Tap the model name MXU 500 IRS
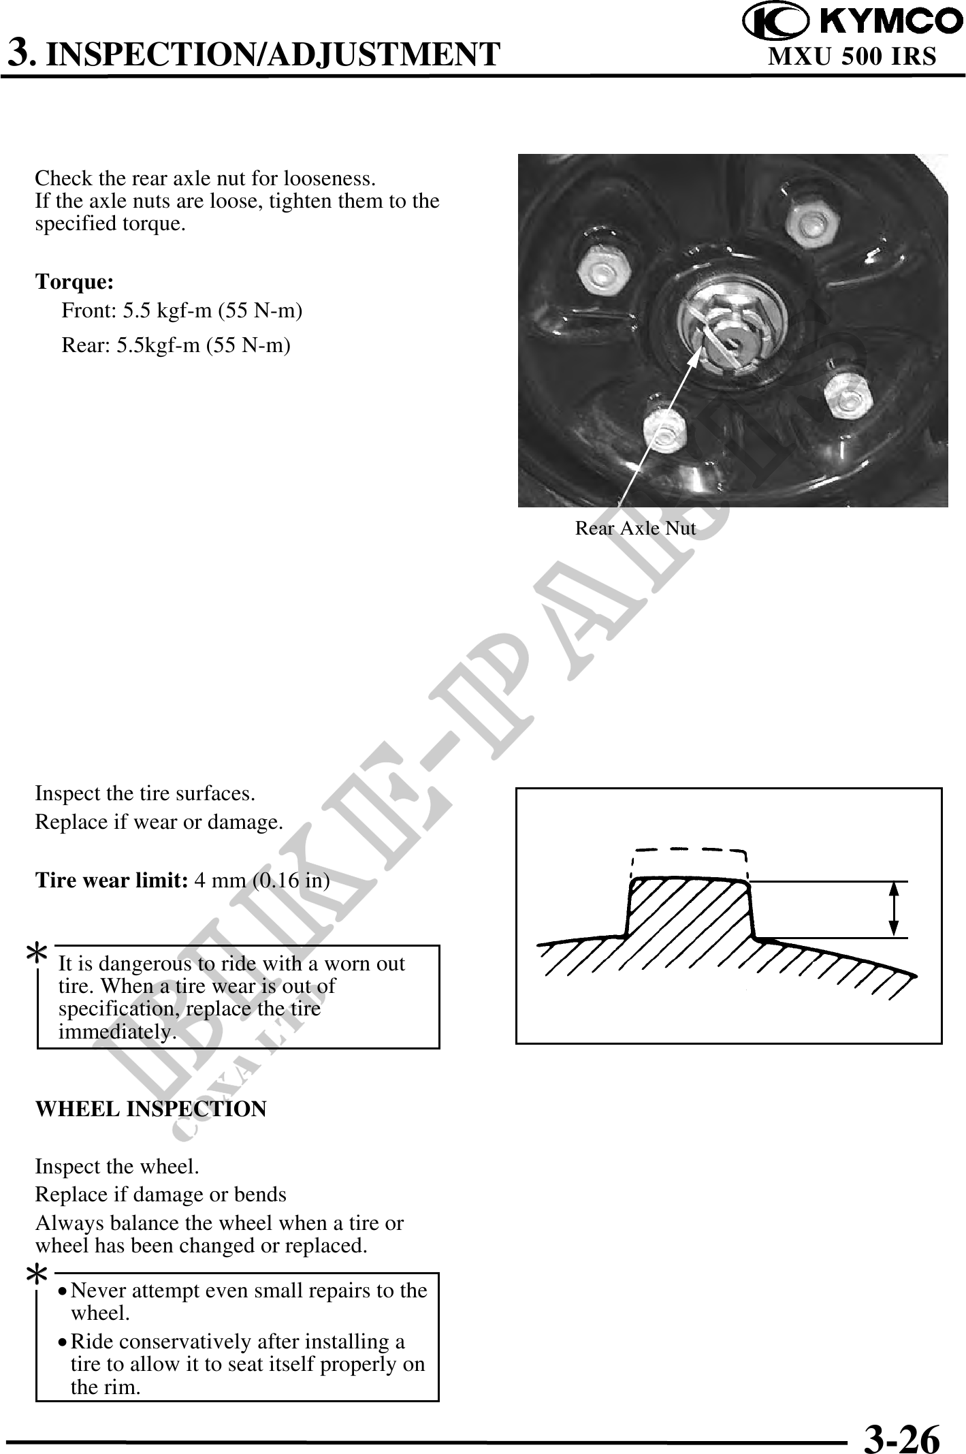pyautogui.click(x=852, y=57)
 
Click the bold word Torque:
pyautogui.click(x=75, y=281)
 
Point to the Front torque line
pyautogui.click(x=182, y=311)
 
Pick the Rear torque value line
pyautogui.click(x=176, y=345)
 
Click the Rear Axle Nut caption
pyautogui.click(x=635, y=528)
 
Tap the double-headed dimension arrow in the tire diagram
pyautogui.click(x=893, y=909)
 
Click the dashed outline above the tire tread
pyautogui.click(x=689, y=851)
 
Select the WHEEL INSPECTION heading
pyautogui.click(x=150, y=1109)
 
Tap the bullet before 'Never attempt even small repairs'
pyautogui.click(x=63, y=1291)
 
